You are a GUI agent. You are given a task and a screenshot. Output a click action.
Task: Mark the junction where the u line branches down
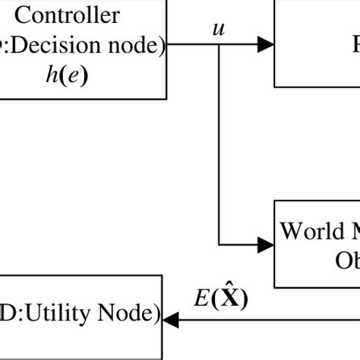click(x=219, y=46)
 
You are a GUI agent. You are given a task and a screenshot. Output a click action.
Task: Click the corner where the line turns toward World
click(x=219, y=244)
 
